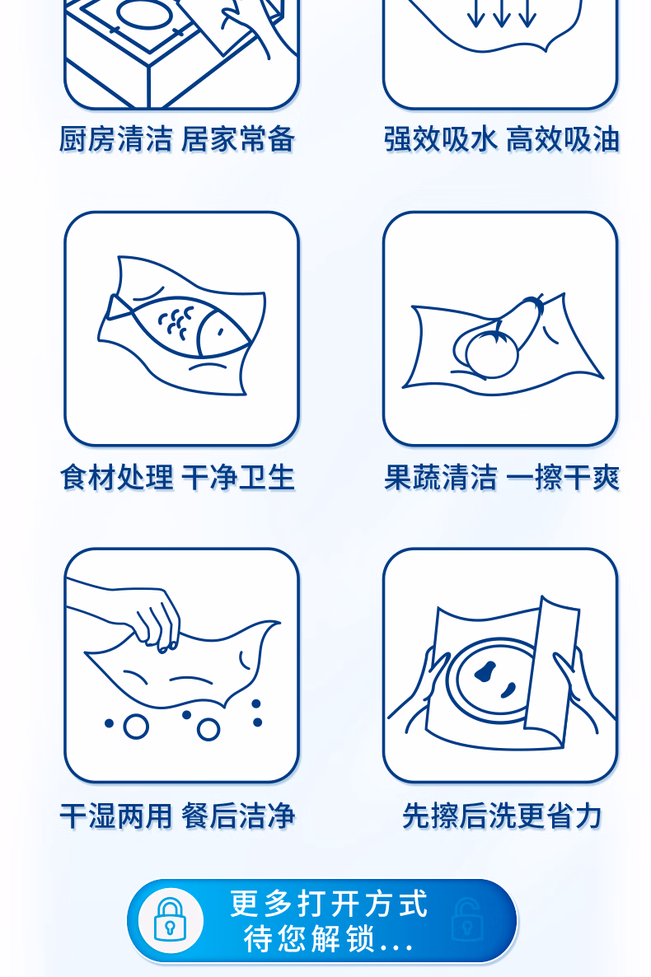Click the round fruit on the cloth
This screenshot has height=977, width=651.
[493, 354]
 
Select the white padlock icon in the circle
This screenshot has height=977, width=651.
[170, 919]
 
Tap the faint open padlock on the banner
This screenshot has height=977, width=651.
[466, 919]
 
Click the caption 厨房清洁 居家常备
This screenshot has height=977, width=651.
[176, 139]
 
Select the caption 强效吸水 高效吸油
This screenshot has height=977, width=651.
[501, 139]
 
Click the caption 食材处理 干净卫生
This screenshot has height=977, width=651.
[177, 478]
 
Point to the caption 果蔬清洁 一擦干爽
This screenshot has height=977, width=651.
[501, 478]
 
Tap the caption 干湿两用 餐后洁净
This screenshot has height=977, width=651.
[177, 816]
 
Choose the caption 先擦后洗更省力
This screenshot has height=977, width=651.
[501, 816]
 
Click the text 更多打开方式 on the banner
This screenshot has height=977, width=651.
[329, 904]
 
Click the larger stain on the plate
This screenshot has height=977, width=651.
[485, 671]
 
